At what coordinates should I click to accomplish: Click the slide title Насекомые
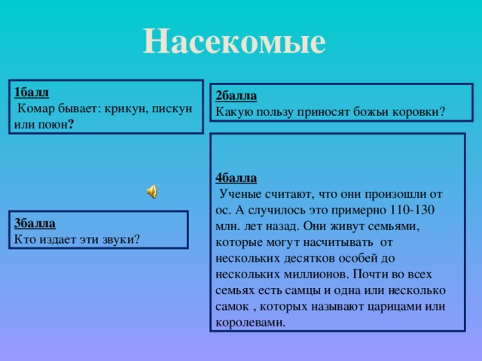click(x=234, y=41)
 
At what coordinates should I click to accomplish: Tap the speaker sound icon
click(x=151, y=192)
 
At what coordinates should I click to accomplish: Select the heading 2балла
click(x=236, y=96)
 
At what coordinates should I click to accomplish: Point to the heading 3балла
click(x=35, y=224)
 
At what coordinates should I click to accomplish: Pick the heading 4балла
click(x=236, y=178)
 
